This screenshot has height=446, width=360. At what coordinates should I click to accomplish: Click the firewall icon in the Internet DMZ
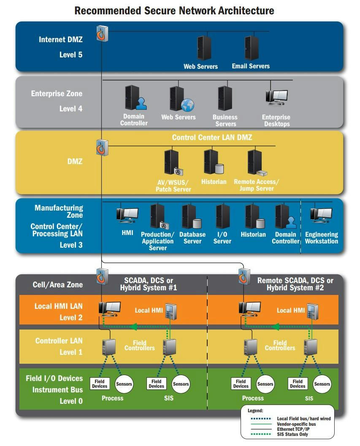[102, 33]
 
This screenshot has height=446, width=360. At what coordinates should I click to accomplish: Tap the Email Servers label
[251, 66]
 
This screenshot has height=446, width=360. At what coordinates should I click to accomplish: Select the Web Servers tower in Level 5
[204, 48]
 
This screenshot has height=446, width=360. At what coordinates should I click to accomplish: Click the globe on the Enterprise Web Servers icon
[187, 105]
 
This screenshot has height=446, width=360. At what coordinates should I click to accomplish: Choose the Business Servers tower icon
[225, 98]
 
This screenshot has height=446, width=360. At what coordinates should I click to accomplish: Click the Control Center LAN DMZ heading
[212, 138]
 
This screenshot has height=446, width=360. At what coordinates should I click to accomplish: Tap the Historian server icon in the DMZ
[214, 162]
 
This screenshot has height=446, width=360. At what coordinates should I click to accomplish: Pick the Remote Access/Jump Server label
[257, 185]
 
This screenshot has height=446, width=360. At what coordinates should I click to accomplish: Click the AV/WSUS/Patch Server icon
[173, 162]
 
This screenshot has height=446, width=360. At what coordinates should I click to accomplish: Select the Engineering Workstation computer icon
[321, 215]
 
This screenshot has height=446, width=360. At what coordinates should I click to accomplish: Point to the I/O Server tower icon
[223, 216]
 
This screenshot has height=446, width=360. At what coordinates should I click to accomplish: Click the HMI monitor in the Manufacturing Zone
[127, 215]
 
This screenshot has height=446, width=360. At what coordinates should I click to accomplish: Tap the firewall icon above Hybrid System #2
[244, 276]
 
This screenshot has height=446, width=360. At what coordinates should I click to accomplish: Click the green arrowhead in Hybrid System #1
[134, 327]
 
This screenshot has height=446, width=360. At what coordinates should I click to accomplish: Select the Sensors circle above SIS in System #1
[181, 384]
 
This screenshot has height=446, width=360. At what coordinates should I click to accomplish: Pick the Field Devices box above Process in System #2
[241, 384]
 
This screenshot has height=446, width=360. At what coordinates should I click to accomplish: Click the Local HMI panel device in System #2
[312, 312]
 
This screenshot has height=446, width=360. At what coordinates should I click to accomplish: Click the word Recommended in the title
[108, 11]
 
